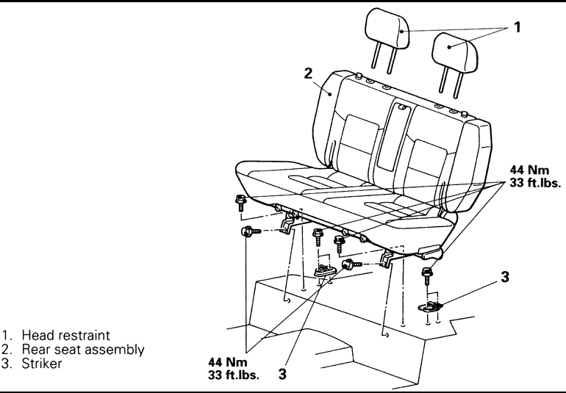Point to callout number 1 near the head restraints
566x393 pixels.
tap(517, 28)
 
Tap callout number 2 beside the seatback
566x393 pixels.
tap(308, 73)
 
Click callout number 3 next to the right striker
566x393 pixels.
tap(504, 277)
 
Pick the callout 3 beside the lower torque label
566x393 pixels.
tap(282, 374)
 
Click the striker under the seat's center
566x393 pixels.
tap(325, 271)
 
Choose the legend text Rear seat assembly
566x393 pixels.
tap(83, 349)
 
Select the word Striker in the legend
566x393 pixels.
tap(40, 363)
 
